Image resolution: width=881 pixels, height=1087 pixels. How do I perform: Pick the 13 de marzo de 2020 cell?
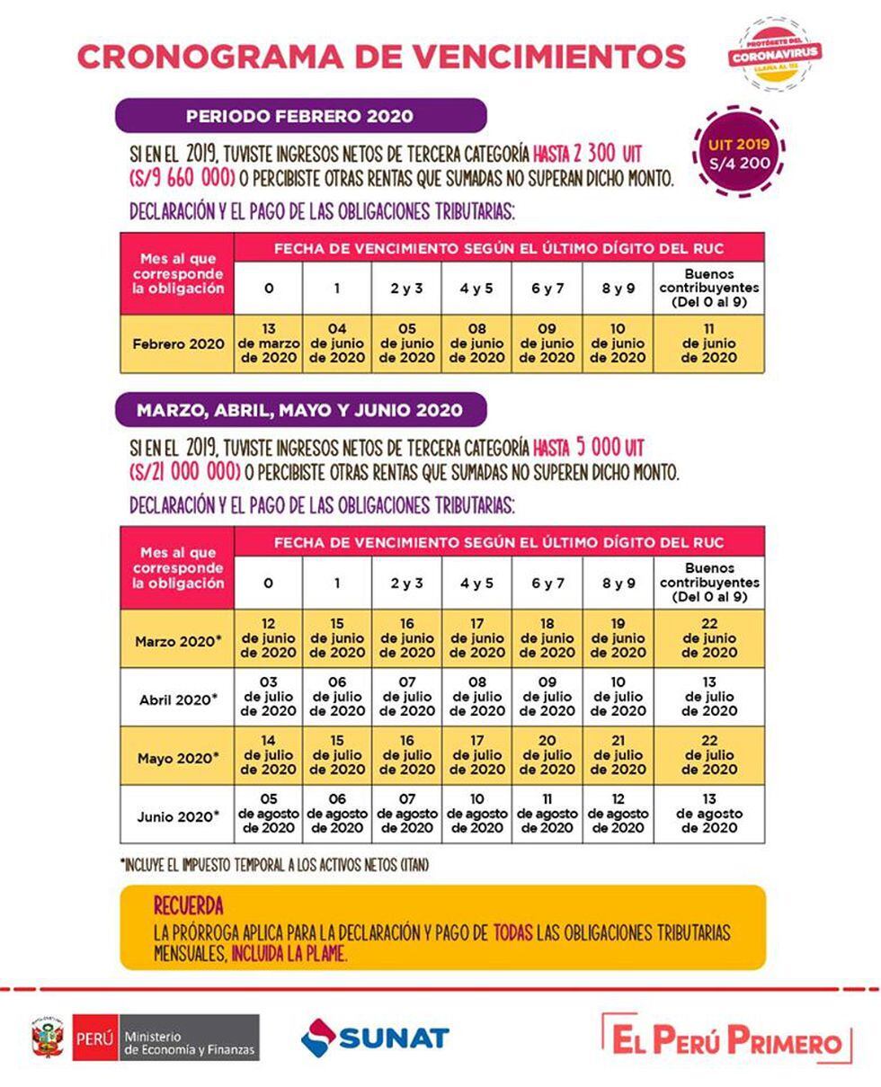click(268, 343)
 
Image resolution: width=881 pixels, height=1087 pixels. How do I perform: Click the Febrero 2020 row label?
click(178, 343)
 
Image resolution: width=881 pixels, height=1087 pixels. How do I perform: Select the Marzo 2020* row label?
click(178, 641)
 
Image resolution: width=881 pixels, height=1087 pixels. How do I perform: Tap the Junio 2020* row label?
click(178, 815)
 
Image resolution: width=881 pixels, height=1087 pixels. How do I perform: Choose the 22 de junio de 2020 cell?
click(708, 638)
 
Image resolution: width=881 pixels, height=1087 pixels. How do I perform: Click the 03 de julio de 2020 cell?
click(268, 697)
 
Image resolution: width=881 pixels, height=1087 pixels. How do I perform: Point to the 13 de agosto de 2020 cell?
click(708, 814)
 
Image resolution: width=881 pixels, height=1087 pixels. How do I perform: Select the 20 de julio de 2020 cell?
click(547, 755)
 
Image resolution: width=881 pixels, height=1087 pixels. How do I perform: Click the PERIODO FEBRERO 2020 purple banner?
click(300, 116)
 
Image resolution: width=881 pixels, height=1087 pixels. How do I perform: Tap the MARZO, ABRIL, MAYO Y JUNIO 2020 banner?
click(300, 410)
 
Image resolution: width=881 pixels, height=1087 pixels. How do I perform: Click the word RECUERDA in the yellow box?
click(188, 905)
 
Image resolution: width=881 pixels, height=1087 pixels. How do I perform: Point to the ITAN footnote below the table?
click(274, 865)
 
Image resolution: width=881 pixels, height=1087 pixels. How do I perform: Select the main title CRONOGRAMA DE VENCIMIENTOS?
click(381, 56)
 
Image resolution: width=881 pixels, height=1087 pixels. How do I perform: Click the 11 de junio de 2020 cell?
click(708, 343)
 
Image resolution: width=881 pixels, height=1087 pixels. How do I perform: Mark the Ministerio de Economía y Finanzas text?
click(189, 1043)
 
